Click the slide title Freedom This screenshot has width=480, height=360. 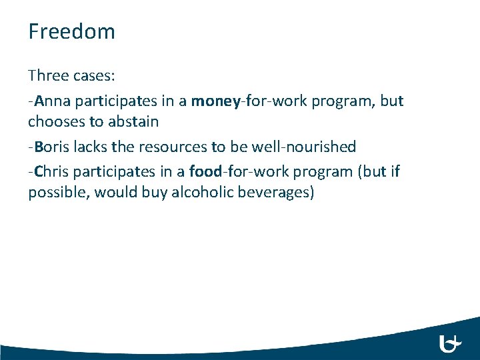click(x=71, y=31)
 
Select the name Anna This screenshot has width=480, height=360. click(x=52, y=101)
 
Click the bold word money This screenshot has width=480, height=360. click(x=216, y=101)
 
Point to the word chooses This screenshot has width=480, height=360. click(x=55, y=121)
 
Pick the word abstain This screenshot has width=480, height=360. click(x=131, y=121)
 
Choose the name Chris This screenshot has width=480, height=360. click(x=52, y=172)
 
